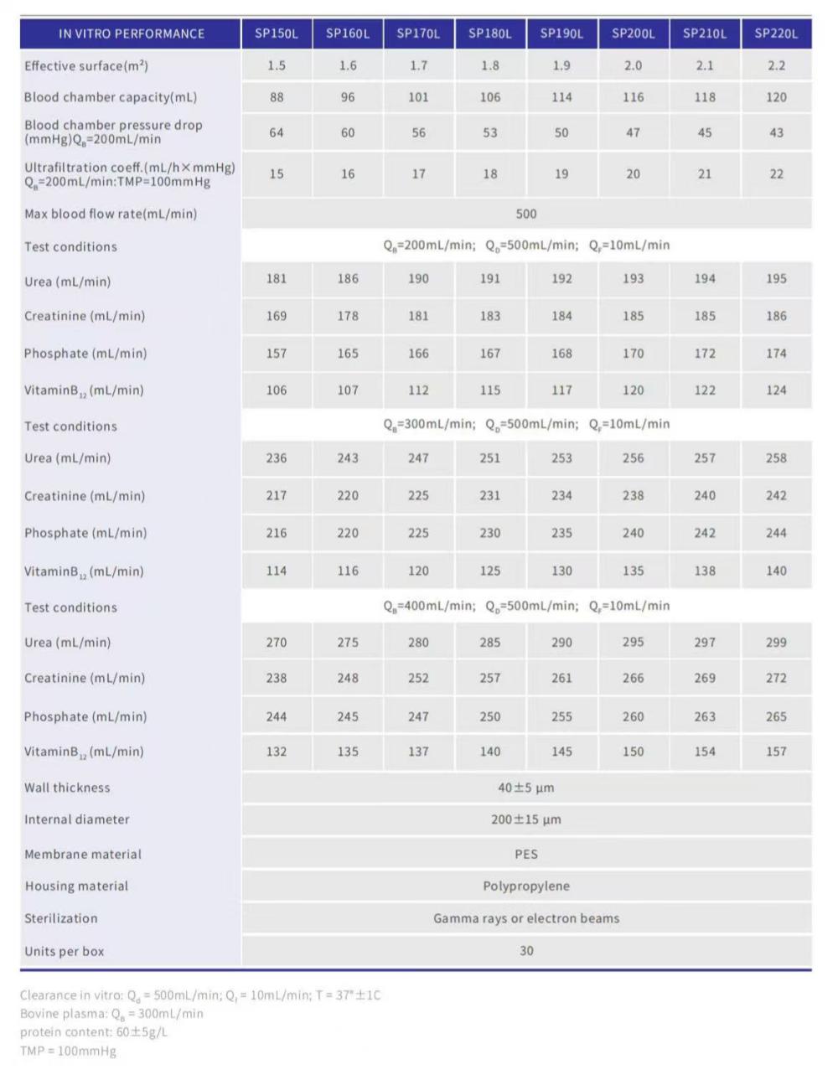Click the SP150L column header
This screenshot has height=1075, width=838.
tap(277, 34)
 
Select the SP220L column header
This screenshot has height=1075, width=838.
tap(776, 34)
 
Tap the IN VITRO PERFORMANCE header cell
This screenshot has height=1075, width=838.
tap(132, 34)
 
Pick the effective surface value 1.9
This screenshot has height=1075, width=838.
tap(561, 65)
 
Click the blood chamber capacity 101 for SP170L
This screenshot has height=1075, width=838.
tap(418, 97)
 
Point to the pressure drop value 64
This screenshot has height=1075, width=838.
tap(277, 132)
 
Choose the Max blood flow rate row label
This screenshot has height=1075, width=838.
tap(111, 214)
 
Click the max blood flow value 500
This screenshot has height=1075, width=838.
tap(526, 214)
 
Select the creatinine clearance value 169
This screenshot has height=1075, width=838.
tap(277, 316)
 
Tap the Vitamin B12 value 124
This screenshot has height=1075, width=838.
tap(776, 390)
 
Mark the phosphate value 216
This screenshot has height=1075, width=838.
tap(277, 533)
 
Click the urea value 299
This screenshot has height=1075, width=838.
tap(776, 643)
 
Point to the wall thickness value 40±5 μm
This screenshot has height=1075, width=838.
tap(526, 788)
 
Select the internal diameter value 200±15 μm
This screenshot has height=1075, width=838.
tap(526, 819)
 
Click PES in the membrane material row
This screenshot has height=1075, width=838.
tap(526, 854)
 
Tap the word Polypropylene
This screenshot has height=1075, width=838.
tap(526, 886)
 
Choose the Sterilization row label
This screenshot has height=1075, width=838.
tap(61, 918)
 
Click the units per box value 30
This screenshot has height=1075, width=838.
tap(526, 950)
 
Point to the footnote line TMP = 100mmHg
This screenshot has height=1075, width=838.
tap(69, 1051)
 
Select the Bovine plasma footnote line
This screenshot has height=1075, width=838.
tap(111, 1013)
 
